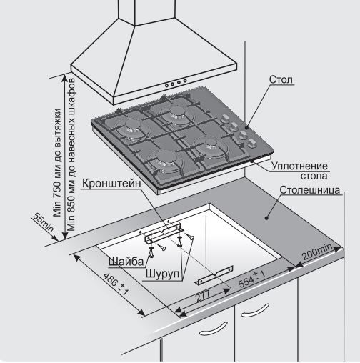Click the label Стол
click(281, 79)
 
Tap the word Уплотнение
click(299, 166)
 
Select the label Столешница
click(310, 190)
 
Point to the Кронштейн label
click(111, 184)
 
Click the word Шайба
click(126, 262)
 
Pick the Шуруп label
click(162, 274)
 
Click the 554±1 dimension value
click(251, 279)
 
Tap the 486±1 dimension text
click(116, 284)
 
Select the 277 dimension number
click(203, 296)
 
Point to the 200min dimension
click(317, 252)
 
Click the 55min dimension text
click(43, 222)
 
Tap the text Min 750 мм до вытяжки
click(58, 162)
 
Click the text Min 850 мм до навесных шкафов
click(71, 154)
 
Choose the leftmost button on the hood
click(167, 85)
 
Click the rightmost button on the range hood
click(185, 81)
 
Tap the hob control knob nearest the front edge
click(251, 144)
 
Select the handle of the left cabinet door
click(213, 329)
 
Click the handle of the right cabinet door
click(255, 310)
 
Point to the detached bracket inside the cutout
click(214, 275)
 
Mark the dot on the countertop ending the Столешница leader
click(266, 218)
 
